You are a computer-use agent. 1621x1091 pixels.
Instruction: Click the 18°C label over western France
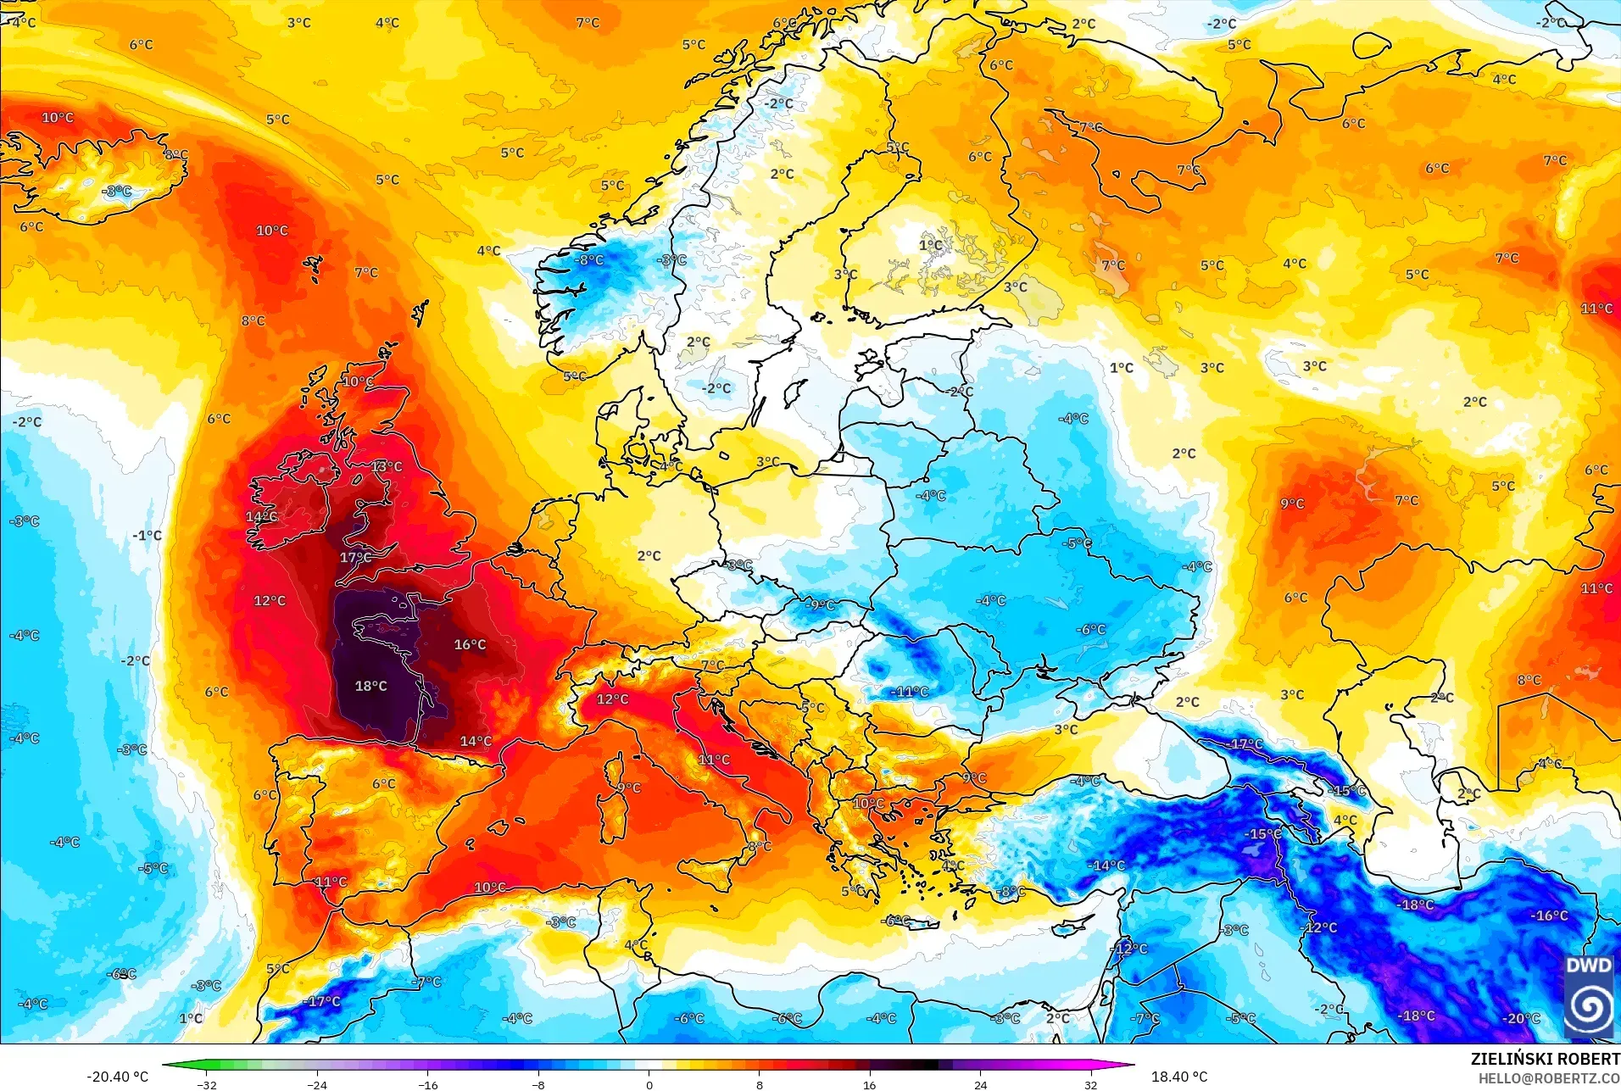pyautogui.click(x=370, y=686)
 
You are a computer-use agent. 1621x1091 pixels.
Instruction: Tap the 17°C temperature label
pyautogui.click(x=356, y=558)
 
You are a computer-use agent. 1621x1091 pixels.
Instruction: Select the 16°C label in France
pyautogui.click(x=470, y=645)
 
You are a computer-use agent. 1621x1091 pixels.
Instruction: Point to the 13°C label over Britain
pyautogui.click(x=387, y=467)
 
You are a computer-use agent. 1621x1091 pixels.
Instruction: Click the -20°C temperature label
pyautogui.click(x=1521, y=1018)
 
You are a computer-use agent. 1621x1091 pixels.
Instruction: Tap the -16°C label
pyautogui.click(x=1549, y=916)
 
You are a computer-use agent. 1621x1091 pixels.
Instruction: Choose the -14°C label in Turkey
pyautogui.click(x=1106, y=866)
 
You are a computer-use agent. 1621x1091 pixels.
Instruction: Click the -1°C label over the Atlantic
pyautogui.click(x=147, y=536)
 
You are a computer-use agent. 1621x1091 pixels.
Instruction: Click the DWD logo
pyautogui.click(x=1589, y=996)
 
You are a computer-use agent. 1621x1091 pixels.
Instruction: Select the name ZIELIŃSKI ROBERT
pyautogui.click(x=1545, y=1059)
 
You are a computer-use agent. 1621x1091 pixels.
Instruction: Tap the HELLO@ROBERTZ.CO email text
pyautogui.click(x=1549, y=1078)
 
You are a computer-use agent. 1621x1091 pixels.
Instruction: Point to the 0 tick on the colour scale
pyautogui.click(x=649, y=1084)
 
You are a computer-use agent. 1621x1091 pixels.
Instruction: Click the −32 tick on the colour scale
pyautogui.click(x=207, y=1084)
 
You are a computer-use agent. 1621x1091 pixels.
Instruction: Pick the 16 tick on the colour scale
pyautogui.click(x=870, y=1084)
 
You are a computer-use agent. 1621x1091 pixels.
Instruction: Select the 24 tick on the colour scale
pyautogui.click(x=980, y=1084)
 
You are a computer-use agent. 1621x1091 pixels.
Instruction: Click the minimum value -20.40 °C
pyautogui.click(x=117, y=1077)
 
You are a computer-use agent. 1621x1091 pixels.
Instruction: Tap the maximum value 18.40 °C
pyautogui.click(x=1178, y=1077)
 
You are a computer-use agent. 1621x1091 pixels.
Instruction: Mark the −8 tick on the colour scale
pyautogui.click(x=538, y=1084)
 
